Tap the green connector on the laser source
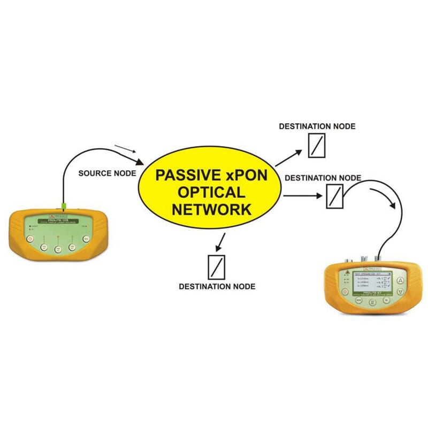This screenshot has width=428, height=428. [64, 208]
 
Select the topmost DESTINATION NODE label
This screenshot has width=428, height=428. [317, 126]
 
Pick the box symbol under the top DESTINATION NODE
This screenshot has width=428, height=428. [316, 145]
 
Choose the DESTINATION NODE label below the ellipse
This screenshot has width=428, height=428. [217, 287]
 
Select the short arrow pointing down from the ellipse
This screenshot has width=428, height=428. [219, 243]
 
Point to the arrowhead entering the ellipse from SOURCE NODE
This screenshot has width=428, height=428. [140, 160]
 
